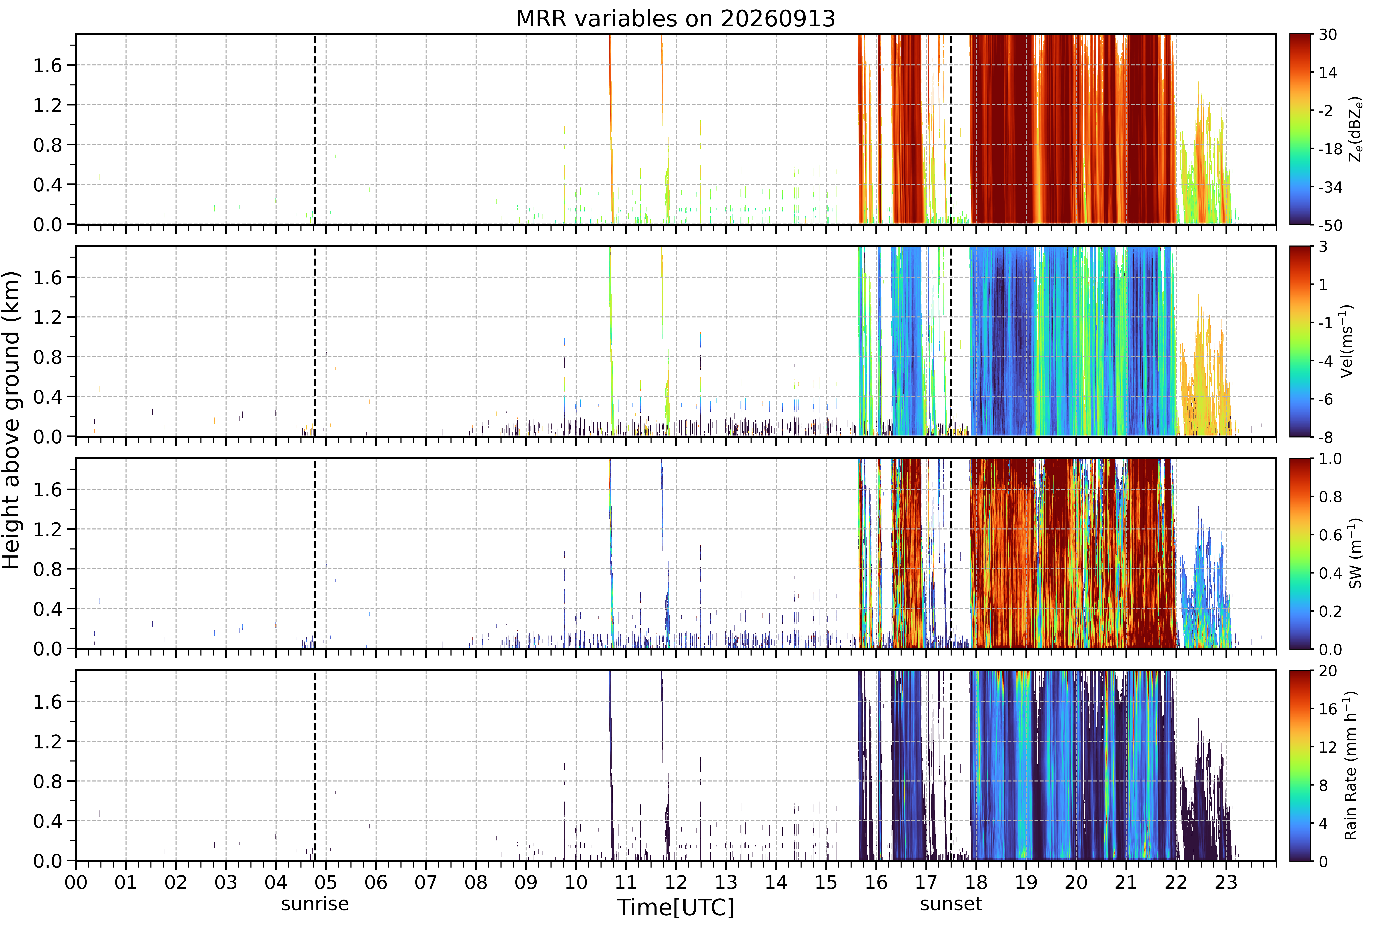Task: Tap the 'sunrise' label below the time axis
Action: pyautogui.click(x=315, y=904)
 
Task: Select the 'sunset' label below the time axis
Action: pyautogui.click(x=951, y=904)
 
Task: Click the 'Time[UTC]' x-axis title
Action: pyautogui.click(x=676, y=907)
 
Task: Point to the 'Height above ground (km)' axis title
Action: pyautogui.click(x=11, y=420)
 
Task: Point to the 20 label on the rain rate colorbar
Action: pyautogui.click(x=1328, y=672)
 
